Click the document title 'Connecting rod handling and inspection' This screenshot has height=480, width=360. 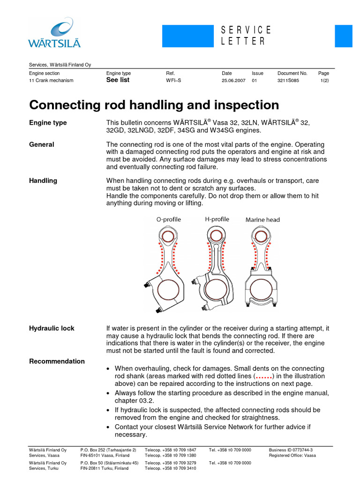click(154, 105)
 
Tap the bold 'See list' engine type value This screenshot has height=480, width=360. click(118, 80)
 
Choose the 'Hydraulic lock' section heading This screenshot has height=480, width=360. click(52, 328)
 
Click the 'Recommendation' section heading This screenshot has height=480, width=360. click(57, 361)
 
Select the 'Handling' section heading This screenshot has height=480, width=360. click(43, 180)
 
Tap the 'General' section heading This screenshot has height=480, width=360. click(42, 144)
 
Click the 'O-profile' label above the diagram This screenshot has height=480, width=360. click(168, 219)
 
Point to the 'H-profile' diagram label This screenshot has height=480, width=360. click(217, 219)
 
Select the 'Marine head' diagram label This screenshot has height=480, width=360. click(262, 219)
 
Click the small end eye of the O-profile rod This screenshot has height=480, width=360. click(168, 236)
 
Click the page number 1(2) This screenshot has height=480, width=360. click(324, 81)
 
